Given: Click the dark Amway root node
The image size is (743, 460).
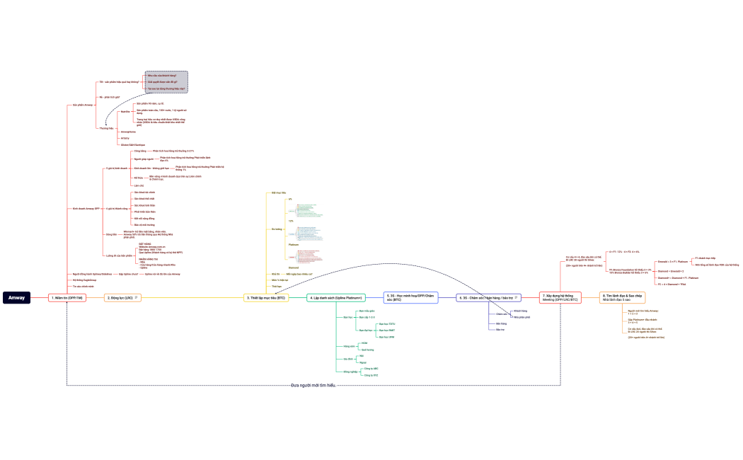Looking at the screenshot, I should pyautogui.click(x=16, y=298).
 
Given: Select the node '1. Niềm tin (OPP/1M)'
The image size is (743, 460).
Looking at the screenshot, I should pyautogui.click(x=67, y=298).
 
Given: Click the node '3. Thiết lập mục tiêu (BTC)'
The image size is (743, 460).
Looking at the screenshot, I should pyautogui.click(x=266, y=298).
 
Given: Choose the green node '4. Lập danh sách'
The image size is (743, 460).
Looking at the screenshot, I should pyautogui.click(x=336, y=298).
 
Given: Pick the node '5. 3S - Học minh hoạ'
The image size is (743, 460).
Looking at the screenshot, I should pyautogui.click(x=410, y=298).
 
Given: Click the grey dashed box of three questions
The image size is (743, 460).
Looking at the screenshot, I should pyautogui.click(x=166, y=82).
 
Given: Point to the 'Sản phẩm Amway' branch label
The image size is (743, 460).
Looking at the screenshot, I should pyautogui.click(x=83, y=105).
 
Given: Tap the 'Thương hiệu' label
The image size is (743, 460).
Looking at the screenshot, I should pyautogui.click(x=106, y=128).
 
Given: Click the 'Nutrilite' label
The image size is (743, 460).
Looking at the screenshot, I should pyautogui.click(x=125, y=112).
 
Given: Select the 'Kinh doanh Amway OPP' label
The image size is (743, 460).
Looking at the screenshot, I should pyautogui.click(x=86, y=209).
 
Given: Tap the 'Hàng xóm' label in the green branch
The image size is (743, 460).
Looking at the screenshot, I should pyautogui.click(x=347, y=346).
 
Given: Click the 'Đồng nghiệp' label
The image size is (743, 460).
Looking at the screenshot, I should pyautogui.click(x=350, y=372).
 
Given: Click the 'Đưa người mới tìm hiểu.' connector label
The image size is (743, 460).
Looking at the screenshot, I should pyautogui.click(x=313, y=385).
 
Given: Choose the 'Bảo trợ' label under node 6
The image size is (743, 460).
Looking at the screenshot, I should pyautogui.click(x=501, y=330).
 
